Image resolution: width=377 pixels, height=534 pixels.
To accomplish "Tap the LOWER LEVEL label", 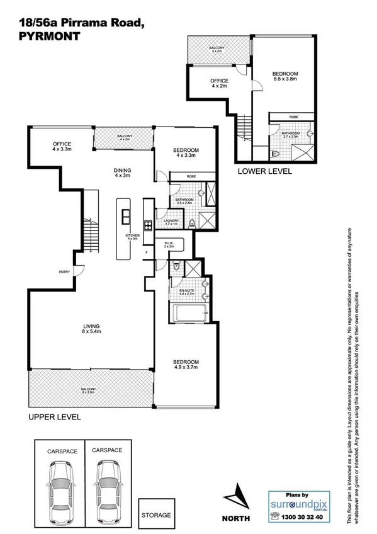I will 264,171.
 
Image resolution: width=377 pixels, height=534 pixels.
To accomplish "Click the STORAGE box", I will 155,514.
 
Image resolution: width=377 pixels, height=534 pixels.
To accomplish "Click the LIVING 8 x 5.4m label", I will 93,328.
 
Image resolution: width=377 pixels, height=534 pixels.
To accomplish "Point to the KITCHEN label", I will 132,236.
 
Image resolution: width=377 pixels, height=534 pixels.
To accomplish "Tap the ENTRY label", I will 64,272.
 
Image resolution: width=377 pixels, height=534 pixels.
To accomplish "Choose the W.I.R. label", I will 168,244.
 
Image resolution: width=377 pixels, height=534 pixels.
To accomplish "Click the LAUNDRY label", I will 171,222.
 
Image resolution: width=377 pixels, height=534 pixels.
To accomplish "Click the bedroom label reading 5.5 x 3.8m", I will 286,77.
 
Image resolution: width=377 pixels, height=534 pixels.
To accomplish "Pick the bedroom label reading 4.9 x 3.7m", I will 186,365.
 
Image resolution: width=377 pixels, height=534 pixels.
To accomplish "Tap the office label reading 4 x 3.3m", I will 62,146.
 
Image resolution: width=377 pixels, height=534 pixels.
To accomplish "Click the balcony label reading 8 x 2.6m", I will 87,392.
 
